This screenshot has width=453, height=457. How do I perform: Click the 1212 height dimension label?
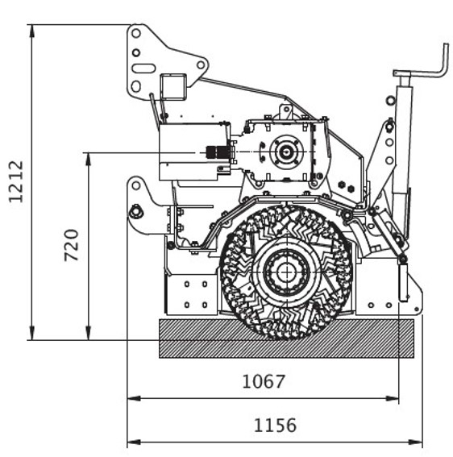click(16, 181)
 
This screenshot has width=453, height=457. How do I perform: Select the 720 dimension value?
click(72, 245)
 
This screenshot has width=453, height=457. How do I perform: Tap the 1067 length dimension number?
click(264, 381)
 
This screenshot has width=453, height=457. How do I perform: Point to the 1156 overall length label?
click(275, 426)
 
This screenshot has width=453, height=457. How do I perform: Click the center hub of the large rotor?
click(286, 272)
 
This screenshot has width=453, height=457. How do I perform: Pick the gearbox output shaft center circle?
click(286, 152)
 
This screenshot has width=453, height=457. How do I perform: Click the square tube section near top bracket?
click(173, 87)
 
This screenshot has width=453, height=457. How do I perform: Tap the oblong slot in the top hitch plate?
click(143, 69)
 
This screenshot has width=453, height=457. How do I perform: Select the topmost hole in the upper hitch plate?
click(136, 33)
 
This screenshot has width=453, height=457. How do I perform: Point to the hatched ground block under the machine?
click(286, 339)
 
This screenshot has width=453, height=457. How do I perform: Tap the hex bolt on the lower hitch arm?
click(136, 211)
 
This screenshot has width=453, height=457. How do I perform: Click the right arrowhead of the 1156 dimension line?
click(415, 442)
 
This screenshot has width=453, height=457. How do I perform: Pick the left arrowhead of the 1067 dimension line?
click(134, 398)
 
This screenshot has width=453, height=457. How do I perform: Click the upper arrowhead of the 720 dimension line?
click(89, 159)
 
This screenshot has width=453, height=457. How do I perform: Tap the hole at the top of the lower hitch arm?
click(136, 185)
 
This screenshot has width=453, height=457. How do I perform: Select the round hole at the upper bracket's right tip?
click(201, 64)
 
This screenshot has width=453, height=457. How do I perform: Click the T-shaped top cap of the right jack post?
click(401, 73)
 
